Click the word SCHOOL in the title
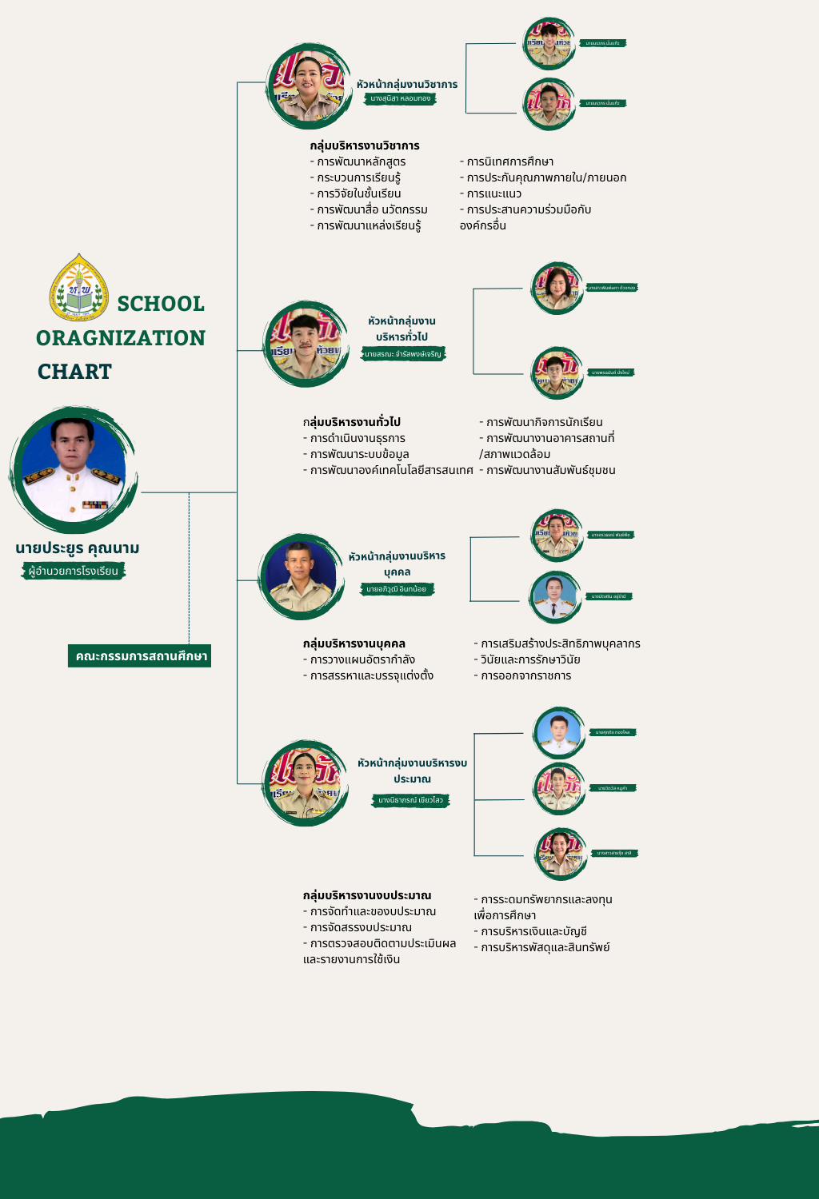161,304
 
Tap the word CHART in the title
74,372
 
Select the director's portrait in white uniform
74,470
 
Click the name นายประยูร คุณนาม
78,548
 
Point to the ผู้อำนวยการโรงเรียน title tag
74,571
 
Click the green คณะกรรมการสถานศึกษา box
141,656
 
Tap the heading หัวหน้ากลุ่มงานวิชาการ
407,84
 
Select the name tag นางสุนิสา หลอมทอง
401,98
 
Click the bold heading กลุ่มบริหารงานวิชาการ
365,145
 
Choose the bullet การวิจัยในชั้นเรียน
358,193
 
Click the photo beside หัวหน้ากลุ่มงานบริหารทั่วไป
306,345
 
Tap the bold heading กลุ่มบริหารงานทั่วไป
352,422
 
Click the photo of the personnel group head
301,576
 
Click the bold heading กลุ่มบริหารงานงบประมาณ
367,895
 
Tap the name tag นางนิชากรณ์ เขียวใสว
410,800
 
